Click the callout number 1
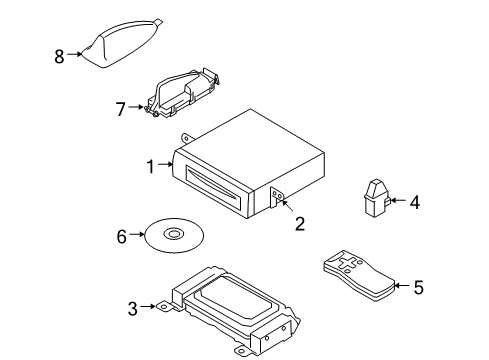click(150, 166)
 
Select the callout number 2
click(299, 225)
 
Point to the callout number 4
click(414, 201)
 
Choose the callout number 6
click(122, 236)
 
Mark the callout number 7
click(122, 108)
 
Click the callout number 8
click(58, 56)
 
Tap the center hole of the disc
click(174, 235)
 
